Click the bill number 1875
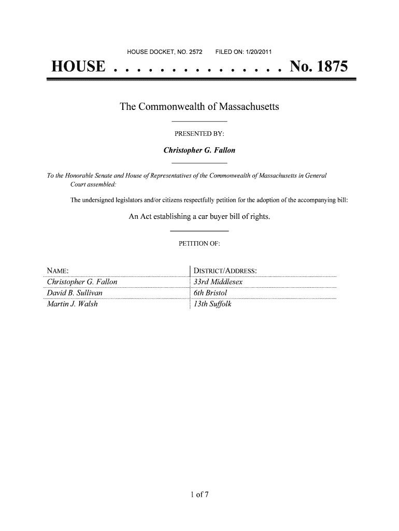pos(328,67)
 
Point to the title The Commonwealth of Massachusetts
pos(199,107)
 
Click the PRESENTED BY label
pos(199,134)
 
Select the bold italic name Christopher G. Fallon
pos(199,150)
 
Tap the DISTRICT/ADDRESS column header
pos(225,271)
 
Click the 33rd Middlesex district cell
pos(218,282)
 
